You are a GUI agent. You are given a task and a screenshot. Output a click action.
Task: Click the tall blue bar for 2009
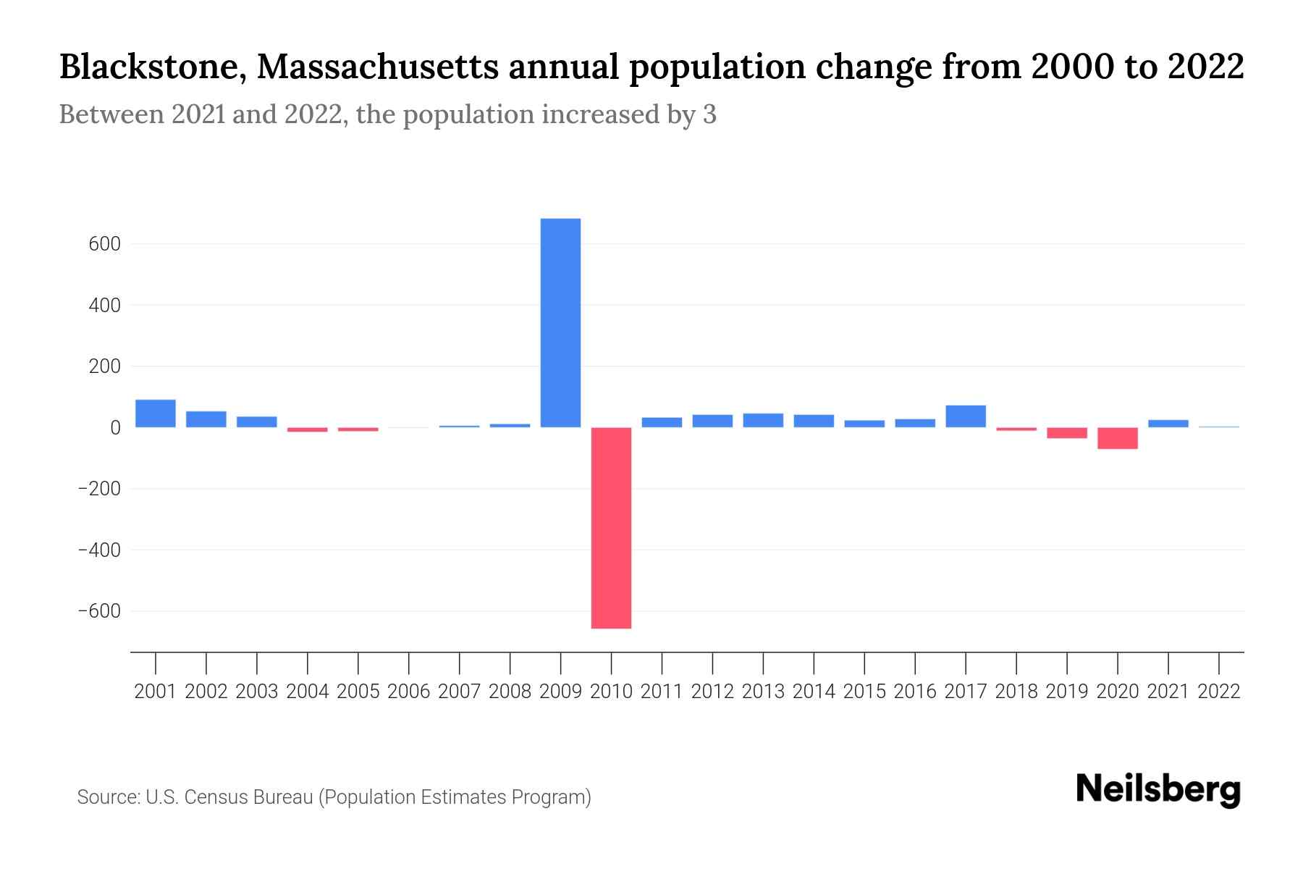tap(560, 323)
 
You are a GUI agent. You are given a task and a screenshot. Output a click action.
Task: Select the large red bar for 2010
tap(611, 528)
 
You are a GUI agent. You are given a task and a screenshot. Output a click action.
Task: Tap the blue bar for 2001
tap(156, 413)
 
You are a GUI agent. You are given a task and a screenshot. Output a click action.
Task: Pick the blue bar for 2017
tap(966, 416)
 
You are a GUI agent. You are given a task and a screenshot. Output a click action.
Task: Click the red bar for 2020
tap(1117, 438)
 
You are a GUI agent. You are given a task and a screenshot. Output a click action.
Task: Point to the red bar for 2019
tap(1066, 433)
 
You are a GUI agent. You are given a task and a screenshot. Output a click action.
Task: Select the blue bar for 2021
tap(1168, 424)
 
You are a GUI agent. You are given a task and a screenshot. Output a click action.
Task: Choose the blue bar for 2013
tap(763, 420)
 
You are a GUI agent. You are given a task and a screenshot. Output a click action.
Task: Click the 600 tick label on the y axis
tap(104, 244)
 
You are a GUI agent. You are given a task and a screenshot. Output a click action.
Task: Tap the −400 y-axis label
tap(99, 550)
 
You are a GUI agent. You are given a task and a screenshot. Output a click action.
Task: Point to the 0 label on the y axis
tap(115, 428)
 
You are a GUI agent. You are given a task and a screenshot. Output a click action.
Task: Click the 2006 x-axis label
tap(408, 692)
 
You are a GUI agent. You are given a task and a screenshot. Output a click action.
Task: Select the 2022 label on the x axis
tap(1219, 692)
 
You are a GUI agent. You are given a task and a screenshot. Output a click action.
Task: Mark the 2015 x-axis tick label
tap(864, 692)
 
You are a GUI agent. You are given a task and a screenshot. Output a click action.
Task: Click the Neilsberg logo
tap(1158, 789)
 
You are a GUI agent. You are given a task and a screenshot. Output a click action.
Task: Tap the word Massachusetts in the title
tap(377, 67)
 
